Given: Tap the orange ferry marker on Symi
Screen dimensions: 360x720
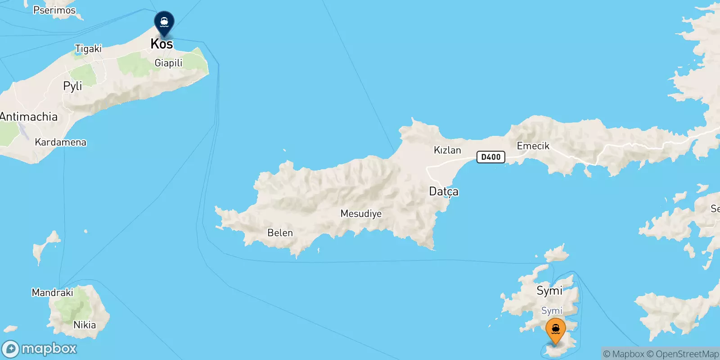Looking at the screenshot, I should pyautogui.click(x=556, y=330).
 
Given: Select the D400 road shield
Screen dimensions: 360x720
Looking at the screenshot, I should pyautogui.click(x=490, y=157).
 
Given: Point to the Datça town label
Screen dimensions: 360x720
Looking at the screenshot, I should pyautogui.click(x=444, y=192).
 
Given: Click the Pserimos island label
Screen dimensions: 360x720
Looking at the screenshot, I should pyautogui.click(x=54, y=10).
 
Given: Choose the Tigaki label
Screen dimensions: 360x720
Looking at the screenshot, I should pyautogui.click(x=88, y=49).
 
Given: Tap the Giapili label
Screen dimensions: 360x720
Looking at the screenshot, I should pyautogui.click(x=168, y=63).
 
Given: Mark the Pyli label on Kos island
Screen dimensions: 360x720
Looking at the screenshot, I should pyautogui.click(x=72, y=86).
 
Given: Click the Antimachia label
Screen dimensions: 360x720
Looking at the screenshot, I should pyautogui.click(x=29, y=117).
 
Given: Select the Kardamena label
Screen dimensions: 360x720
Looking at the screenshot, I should pyautogui.click(x=60, y=142).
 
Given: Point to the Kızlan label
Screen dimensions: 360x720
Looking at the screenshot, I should pyautogui.click(x=447, y=150).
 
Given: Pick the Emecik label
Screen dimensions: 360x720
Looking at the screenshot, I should pyautogui.click(x=533, y=146).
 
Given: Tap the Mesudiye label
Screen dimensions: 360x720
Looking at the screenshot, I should pyautogui.click(x=361, y=214).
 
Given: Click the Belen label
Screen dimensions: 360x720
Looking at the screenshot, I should pyautogui.click(x=280, y=233).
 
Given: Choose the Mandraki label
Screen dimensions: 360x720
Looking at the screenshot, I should pyautogui.click(x=52, y=292).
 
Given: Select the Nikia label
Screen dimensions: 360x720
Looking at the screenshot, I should pyautogui.click(x=85, y=325).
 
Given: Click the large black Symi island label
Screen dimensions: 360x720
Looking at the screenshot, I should pyautogui.click(x=549, y=291).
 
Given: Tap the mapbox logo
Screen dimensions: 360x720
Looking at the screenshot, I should pyautogui.click(x=40, y=349).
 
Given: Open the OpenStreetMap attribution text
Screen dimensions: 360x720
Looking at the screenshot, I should pyautogui.click(x=687, y=354).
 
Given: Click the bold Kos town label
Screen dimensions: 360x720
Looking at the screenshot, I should pyautogui.click(x=162, y=44).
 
